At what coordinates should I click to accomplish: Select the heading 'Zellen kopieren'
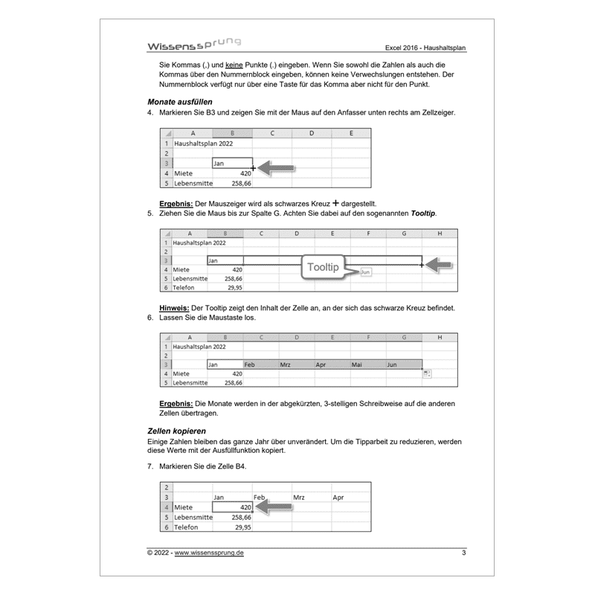[x=177, y=431]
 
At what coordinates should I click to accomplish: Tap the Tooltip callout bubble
[x=324, y=267]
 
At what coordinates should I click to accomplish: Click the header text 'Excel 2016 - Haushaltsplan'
[x=427, y=50]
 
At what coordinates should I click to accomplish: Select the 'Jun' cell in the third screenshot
[x=404, y=365]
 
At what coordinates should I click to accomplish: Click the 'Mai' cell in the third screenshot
[x=368, y=365]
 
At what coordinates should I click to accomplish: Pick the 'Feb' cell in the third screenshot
[x=260, y=365]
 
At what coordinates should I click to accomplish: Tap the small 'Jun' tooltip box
[x=364, y=273]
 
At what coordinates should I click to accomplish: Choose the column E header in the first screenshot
[x=351, y=134]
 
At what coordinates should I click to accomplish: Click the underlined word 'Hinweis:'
[x=175, y=308]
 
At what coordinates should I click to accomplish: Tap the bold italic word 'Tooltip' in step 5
[x=420, y=213]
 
